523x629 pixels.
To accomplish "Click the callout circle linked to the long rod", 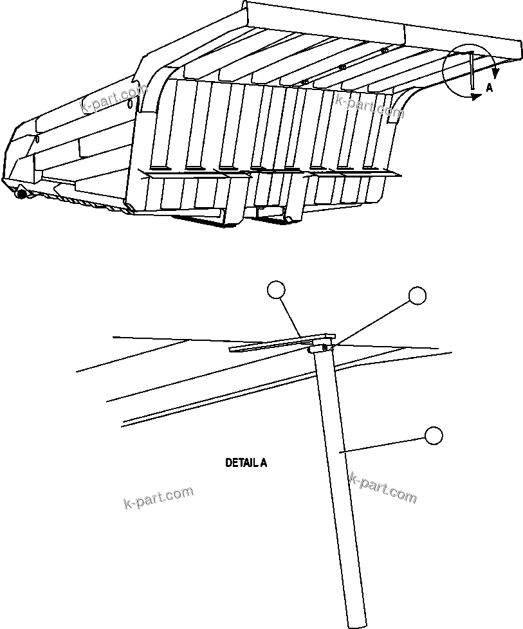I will (x=434, y=435).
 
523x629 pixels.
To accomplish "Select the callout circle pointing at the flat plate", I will (x=276, y=291).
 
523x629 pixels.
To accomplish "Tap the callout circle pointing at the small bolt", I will (x=417, y=295).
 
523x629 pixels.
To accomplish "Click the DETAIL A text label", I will (x=246, y=462).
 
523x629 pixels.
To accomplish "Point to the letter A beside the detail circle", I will (x=490, y=88).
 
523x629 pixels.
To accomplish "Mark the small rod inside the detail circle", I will (x=472, y=71).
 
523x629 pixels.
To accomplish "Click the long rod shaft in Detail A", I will (x=341, y=482).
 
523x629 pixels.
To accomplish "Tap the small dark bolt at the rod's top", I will (x=326, y=348).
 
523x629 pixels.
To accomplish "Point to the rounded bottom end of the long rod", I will (x=358, y=623).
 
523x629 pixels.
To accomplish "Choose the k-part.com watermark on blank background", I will (x=158, y=497).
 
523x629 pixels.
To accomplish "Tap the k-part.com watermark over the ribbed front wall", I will (x=369, y=105).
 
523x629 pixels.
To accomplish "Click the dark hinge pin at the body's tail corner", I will (x=22, y=192).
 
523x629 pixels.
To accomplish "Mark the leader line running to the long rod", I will (x=386, y=444).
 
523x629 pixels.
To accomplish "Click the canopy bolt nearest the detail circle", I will (x=384, y=50).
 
